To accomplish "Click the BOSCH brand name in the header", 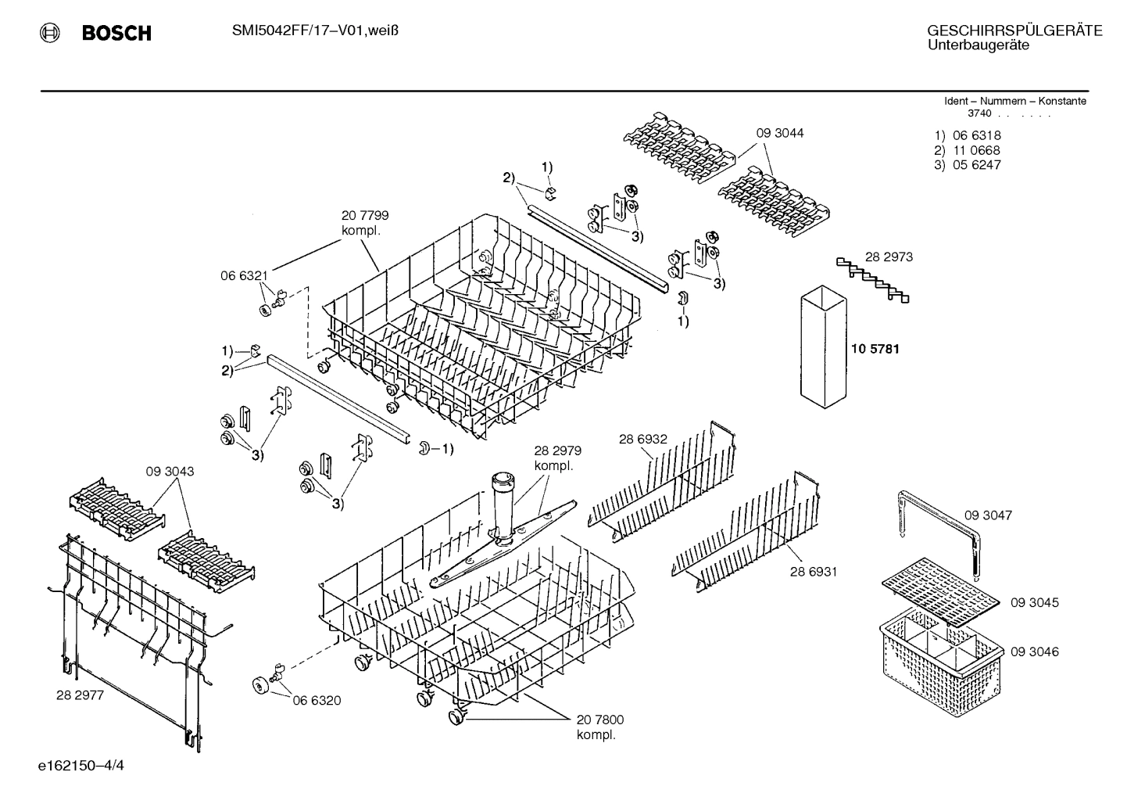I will point(116,33).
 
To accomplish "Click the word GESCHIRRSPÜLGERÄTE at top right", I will point(1014,31).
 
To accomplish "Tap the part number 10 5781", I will point(875,349).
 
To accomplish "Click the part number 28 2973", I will point(889,257).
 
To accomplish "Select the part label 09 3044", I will point(779,133).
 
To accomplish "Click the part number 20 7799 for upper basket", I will point(365,215).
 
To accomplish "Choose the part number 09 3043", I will point(170,472).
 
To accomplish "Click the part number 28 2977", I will point(80,694).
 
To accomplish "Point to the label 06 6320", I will point(317,700).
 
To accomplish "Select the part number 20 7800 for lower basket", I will point(600,720).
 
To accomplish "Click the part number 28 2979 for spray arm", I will point(557,451).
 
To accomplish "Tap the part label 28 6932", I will point(642,440).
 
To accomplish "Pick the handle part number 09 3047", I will point(988,515).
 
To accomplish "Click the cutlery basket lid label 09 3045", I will point(1034,602).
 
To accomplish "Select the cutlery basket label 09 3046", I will point(1034,652).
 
